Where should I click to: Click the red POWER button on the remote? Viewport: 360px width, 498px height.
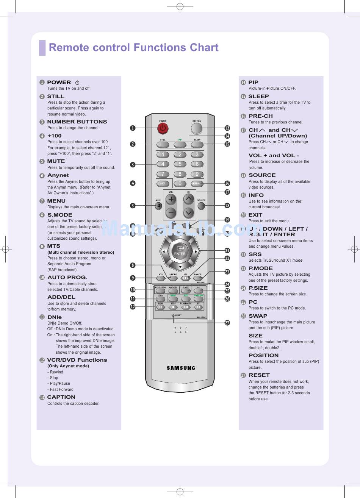(x=163, y=128)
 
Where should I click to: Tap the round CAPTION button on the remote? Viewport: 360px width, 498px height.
(x=197, y=128)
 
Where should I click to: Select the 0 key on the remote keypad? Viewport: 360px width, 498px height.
(x=180, y=184)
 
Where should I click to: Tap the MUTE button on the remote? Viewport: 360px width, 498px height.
(x=158, y=206)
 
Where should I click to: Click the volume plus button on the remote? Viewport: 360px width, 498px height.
(x=171, y=199)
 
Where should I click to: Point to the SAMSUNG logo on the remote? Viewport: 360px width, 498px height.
(x=181, y=368)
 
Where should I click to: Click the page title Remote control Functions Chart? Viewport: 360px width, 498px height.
(x=133, y=48)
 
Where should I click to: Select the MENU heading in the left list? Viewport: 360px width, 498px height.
(x=56, y=201)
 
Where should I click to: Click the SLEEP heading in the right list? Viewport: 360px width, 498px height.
(x=258, y=96)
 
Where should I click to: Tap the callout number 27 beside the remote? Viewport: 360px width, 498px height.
(x=227, y=323)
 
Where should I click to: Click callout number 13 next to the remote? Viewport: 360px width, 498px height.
(x=227, y=128)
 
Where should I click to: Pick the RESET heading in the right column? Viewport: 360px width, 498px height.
(x=259, y=375)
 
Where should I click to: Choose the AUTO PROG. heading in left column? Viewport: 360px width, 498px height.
(x=67, y=277)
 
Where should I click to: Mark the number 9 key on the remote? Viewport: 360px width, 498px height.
(x=197, y=174)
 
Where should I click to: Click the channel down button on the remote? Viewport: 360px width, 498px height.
(x=188, y=213)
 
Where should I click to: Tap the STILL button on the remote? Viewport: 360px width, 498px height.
(x=163, y=144)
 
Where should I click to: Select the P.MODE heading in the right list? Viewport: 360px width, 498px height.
(x=260, y=268)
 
